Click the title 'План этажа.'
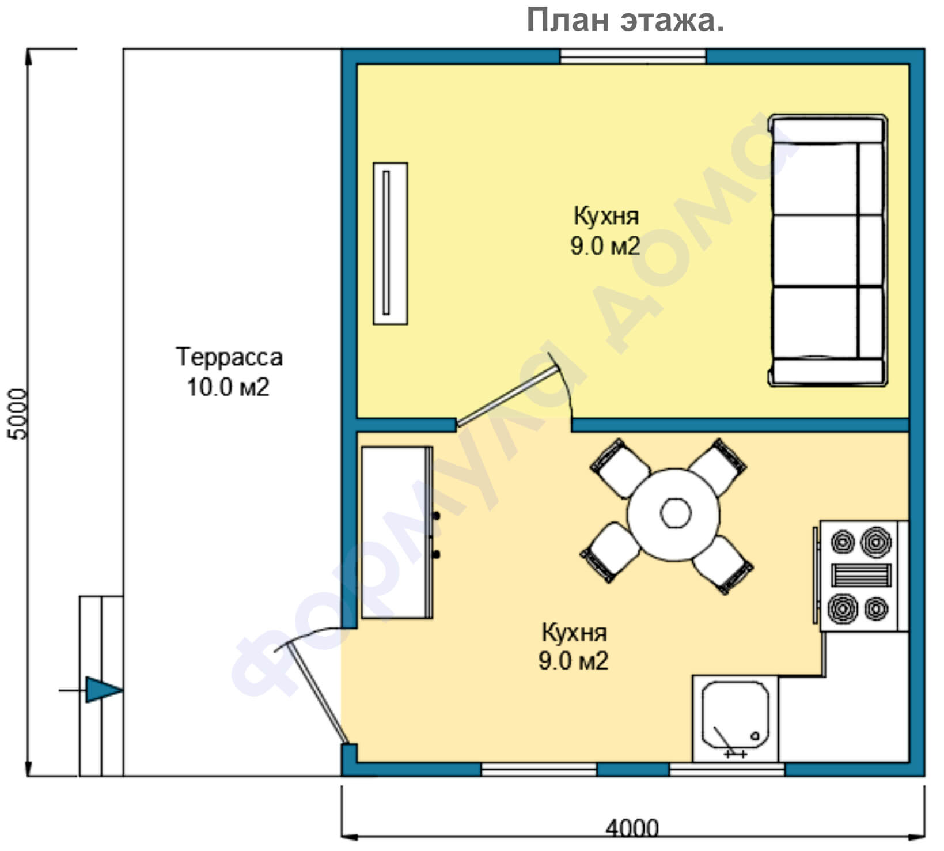(x=625, y=21)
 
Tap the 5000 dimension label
(x=18, y=414)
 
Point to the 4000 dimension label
(x=632, y=829)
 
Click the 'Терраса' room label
(x=229, y=357)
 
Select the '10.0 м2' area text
(x=228, y=387)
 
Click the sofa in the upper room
(x=828, y=250)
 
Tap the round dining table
(x=673, y=514)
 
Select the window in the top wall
(x=633, y=56)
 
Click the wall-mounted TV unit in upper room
(x=391, y=243)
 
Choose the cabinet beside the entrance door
(x=397, y=532)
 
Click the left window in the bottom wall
(x=539, y=769)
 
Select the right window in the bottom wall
(x=727, y=769)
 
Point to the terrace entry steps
(x=101, y=686)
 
